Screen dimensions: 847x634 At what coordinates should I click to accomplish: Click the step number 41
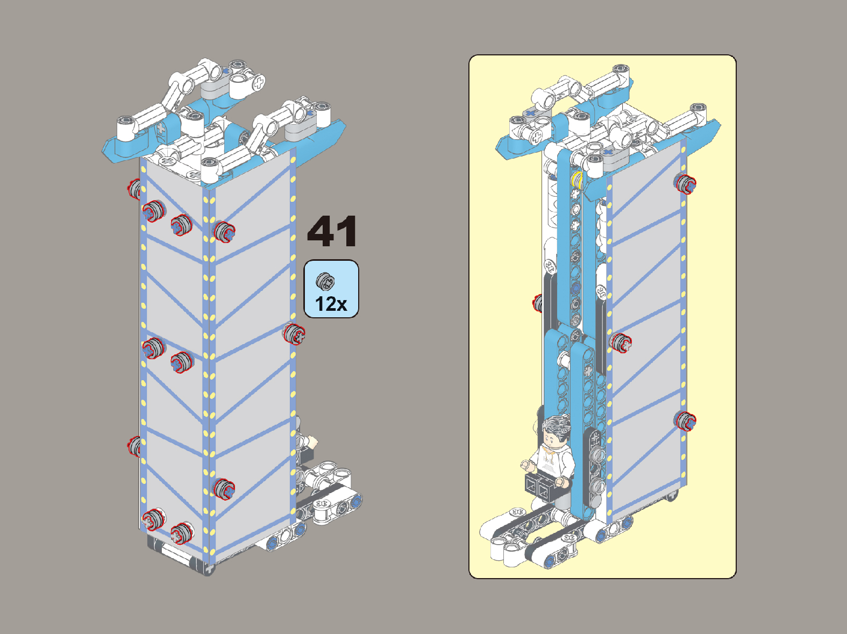click(332, 231)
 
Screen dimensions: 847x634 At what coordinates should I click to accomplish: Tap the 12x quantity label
click(331, 304)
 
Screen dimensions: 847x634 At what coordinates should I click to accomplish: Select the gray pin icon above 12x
click(325, 281)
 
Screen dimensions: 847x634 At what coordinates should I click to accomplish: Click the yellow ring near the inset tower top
click(577, 180)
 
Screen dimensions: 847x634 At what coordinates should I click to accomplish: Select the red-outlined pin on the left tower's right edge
click(294, 334)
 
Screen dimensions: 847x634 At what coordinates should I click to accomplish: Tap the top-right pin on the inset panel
click(685, 183)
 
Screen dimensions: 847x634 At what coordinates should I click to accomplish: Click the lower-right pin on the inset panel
click(685, 421)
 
